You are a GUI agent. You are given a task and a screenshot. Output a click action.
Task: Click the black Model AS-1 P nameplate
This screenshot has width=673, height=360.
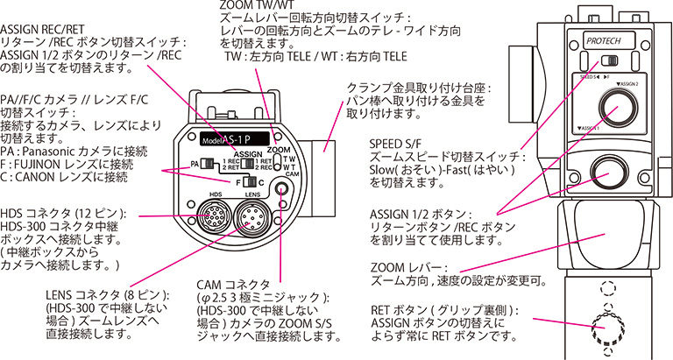point(230,139)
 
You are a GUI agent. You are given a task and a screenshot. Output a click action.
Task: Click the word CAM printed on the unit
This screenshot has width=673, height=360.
point(285,174)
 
